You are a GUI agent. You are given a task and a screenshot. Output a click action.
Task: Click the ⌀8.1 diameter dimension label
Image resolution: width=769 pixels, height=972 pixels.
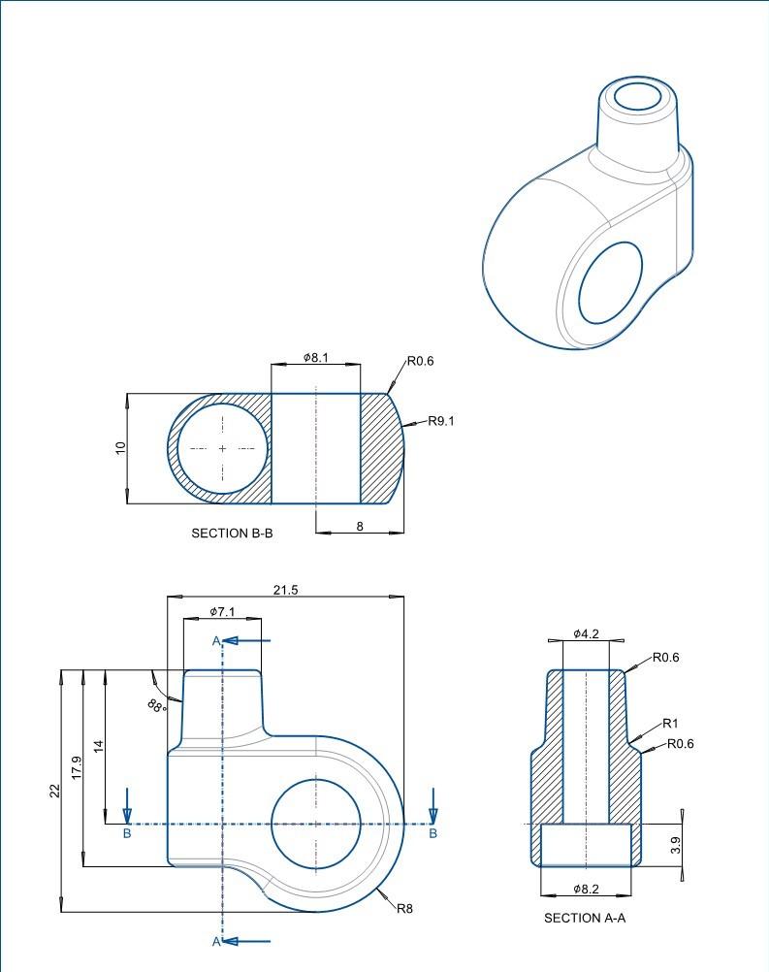click(x=316, y=358)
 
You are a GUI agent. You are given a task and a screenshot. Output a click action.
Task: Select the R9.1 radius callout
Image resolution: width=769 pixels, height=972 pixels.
click(x=441, y=421)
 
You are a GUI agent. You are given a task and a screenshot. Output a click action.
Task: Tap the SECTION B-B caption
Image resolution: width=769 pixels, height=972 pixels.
click(x=232, y=533)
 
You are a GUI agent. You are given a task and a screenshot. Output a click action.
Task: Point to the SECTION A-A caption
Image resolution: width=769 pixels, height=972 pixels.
click(x=585, y=918)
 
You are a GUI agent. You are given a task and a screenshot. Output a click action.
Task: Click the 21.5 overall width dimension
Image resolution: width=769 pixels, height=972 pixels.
click(x=286, y=590)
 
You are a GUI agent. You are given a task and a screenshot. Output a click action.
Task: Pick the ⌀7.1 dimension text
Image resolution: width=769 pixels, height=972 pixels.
click(x=222, y=612)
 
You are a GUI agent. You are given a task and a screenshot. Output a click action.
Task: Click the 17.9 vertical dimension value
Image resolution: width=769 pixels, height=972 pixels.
click(x=77, y=766)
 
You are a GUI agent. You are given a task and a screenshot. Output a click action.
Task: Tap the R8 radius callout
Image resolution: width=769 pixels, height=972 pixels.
click(x=404, y=909)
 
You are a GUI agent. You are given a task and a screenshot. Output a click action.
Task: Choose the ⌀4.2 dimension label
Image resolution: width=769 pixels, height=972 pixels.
click(x=586, y=633)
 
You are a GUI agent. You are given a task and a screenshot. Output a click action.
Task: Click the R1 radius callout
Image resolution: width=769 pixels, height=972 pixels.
click(x=670, y=723)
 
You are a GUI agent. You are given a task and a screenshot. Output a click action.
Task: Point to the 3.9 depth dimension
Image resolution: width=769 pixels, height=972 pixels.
click(x=676, y=845)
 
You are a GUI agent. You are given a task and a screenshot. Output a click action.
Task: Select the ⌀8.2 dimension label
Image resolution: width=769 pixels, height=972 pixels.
click(x=586, y=889)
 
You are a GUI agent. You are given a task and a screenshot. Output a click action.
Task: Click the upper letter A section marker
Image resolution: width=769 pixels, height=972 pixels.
click(x=217, y=641)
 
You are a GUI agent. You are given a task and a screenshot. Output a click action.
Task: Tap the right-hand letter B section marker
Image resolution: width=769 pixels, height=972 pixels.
click(x=433, y=833)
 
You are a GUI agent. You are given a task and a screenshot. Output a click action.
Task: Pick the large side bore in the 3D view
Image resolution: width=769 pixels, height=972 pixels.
click(x=611, y=282)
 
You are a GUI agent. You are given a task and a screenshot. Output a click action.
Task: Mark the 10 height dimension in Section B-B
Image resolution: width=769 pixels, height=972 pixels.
click(x=120, y=448)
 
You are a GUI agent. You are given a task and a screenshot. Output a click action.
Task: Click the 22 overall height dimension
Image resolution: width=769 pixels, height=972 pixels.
click(x=54, y=791)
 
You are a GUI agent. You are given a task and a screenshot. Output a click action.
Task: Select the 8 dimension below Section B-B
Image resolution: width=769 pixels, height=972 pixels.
click(x=360, y=525)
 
